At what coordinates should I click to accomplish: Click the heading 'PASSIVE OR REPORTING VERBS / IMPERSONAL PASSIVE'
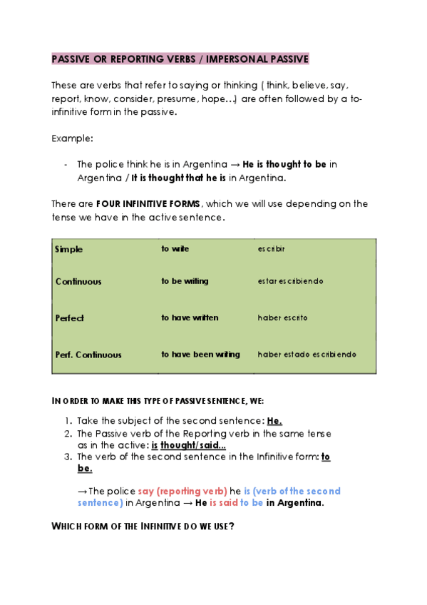tap(180, 59)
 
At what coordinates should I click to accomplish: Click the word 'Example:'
tap(72, 138)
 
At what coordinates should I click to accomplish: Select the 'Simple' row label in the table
tap(69, 249)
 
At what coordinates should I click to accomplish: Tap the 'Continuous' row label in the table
tap(78, 281)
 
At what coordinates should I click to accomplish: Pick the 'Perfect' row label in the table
tap(70, 317)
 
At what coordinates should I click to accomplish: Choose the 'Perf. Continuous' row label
tap(88, 355)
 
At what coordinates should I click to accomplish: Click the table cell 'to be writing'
tap(185, 281)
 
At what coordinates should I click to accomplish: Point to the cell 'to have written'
tap(190, 317)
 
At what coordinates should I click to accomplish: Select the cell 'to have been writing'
tap(200, 355)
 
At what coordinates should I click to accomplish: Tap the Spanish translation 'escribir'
tap(272, 249)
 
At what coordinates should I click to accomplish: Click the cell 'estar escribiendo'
tap(290, 281)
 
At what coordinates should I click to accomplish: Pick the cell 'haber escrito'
tap(282, 317)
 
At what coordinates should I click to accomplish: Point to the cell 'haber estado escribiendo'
tap(307, 355)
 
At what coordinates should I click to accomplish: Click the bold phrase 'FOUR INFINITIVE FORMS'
tap(149, 203)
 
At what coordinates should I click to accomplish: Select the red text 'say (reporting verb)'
tap(182, 491)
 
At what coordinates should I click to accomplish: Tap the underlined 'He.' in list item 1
tap(274, 421)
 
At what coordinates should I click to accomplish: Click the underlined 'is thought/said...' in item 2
tap(188, 445)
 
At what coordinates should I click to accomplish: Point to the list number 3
tap(68, 457)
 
